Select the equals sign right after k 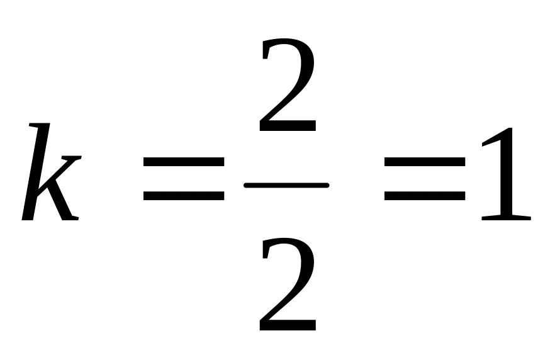pos(183,179)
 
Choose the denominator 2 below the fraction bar pos(286,287)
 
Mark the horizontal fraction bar pos(286,185)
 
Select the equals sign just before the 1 pos(425,179)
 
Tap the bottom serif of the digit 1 pos(505,217)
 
